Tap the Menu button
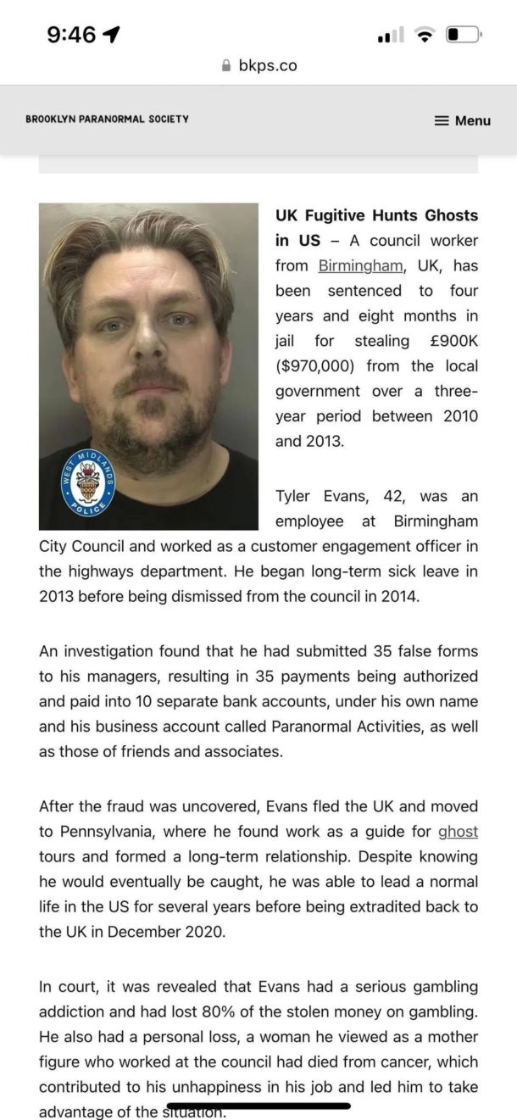pyautogui.click(x=463, y=120)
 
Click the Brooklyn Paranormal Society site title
pyautogui.click(x=107, y=120)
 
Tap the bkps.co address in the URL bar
pyautogui.click(x=267, y=65)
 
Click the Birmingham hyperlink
pyautogui.click(x=360, y=265)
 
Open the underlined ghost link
pyautogui.click(x=458, y=832)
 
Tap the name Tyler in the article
pyautogui.click(x=297, y=496)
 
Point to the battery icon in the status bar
pyautogui.click(x=463, y=35)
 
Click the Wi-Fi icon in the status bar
pyautogui.click(x=425, y=35)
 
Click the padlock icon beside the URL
pyautogui.click(x=225, y=65)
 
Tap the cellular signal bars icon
pyautogui.click(x=391, y=36)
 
